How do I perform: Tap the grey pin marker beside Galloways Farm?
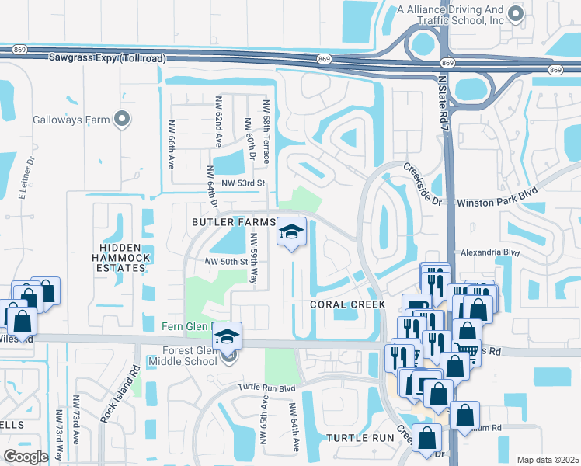tap(120, 119)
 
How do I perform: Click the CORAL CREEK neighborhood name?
tap(348, 304)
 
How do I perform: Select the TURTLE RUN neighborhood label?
tap(361, 438)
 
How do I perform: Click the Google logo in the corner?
tap(26, 457)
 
